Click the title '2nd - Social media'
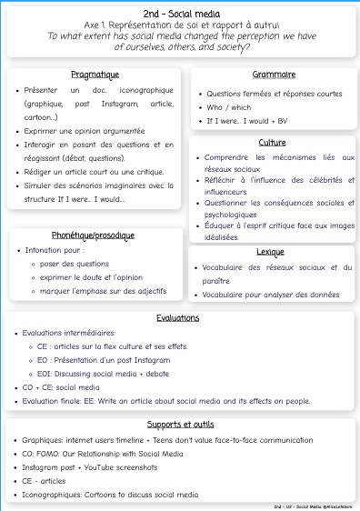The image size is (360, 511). point(179,11)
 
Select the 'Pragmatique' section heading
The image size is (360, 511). point(95,75)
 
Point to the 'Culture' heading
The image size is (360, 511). point(272,143)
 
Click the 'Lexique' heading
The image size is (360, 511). point(272,250)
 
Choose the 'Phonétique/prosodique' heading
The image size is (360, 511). point(95,235)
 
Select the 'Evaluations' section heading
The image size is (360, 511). point(178,318)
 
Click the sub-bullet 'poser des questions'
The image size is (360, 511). point(74,264)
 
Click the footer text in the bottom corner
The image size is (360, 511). point(313,506)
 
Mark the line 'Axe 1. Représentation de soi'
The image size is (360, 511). point(179,25)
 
